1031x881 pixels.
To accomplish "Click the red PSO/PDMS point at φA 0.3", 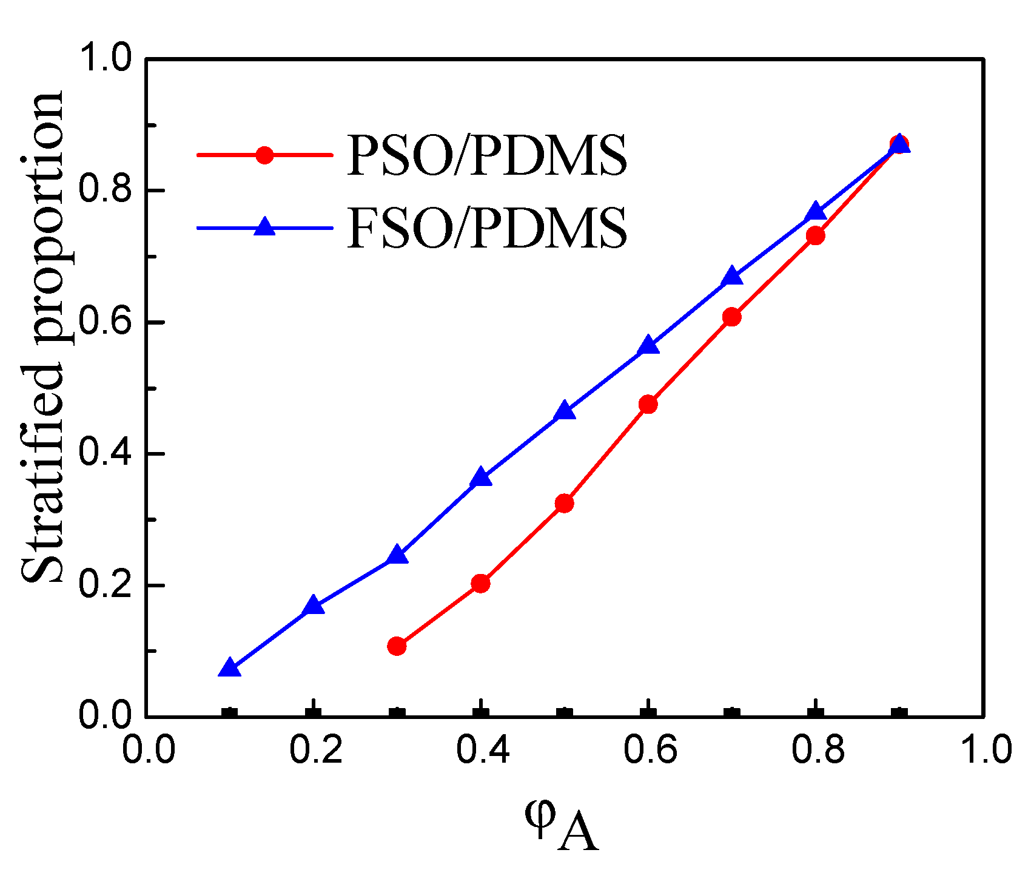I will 397,646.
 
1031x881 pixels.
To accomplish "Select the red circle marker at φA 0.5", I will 565,504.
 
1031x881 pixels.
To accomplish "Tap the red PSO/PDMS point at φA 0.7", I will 732,317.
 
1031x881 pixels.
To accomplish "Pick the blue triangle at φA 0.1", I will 229,668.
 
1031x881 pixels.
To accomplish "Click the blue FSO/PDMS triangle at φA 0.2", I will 313,605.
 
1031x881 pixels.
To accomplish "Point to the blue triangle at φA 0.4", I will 481,477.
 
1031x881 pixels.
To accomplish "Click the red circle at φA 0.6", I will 648,404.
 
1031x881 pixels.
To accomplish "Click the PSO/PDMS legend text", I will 487,156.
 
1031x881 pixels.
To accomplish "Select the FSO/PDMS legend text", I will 487,229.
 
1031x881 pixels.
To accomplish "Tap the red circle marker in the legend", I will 264,155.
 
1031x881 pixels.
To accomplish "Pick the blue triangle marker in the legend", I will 264,227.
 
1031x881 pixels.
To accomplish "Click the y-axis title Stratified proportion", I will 42,337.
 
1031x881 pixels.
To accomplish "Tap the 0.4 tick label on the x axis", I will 482,750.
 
